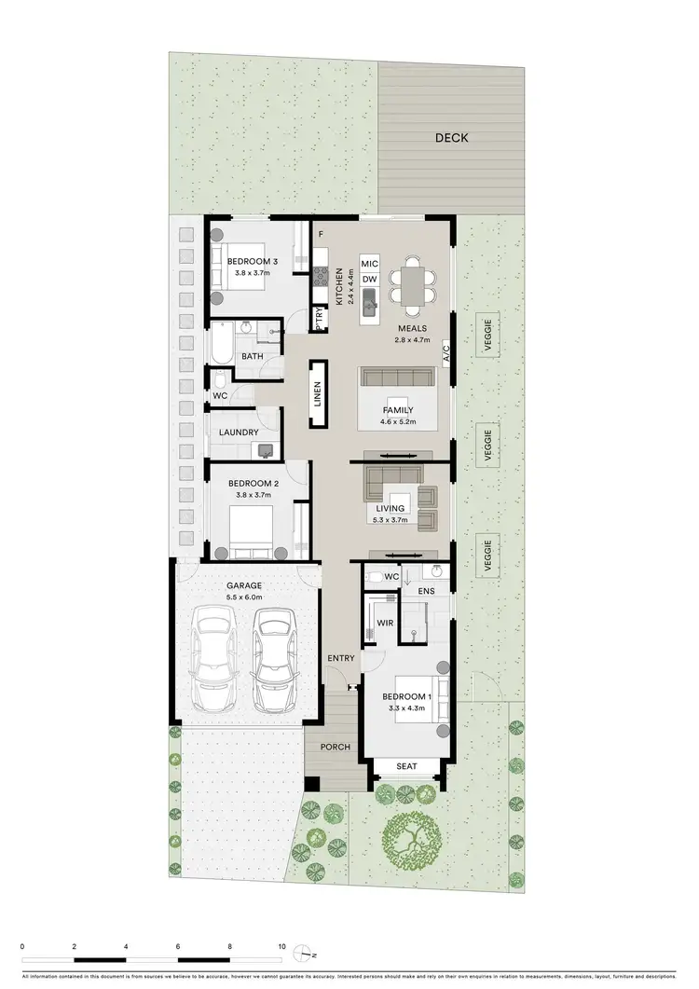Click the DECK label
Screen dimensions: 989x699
pos(451,138)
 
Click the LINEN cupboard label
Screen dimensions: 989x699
pos(317,395)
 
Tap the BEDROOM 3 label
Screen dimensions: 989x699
pos(253,261)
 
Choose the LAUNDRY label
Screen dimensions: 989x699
pos(239,433)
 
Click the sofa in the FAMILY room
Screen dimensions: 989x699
pos(398,378)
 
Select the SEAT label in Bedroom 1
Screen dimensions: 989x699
pos(407,766)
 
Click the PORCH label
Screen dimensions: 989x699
pos(336,747)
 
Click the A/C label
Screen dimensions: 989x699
pos(446,353)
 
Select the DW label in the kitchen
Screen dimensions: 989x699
pos(369,279)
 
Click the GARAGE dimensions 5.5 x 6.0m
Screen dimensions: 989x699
pos(244,597)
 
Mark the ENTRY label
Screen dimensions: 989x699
pos(340,659)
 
